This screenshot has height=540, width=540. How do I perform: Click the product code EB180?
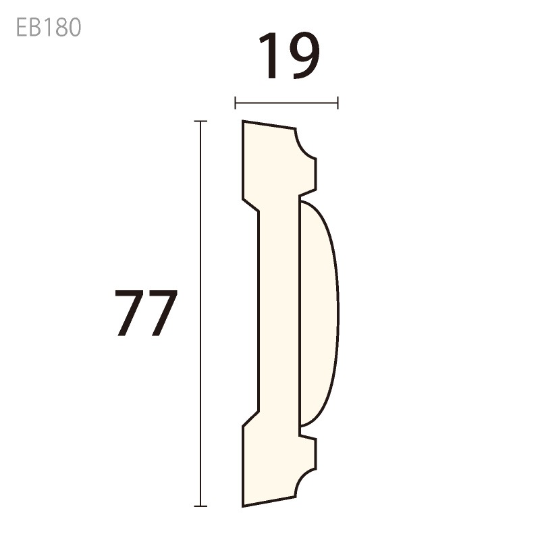coord(48,27)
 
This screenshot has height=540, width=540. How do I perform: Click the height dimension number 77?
coord(146,313)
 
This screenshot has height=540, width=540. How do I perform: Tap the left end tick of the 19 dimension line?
coord(235,103)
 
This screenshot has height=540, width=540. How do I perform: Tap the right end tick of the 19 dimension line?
coord(337,103)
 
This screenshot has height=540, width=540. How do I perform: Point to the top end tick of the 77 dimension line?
coord(200,122)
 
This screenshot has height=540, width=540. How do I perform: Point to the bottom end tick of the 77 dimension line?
coord(200,506)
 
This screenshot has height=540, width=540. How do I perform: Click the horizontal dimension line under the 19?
coord(286,103)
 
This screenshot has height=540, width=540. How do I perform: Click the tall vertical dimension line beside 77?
coord(200,313)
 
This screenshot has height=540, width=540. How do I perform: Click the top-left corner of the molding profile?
coord(243,122)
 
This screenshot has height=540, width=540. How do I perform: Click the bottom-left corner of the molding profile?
coord(243,506)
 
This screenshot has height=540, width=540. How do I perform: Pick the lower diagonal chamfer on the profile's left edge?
coord(252,419)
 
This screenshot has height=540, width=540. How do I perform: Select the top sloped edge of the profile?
coord(270,125)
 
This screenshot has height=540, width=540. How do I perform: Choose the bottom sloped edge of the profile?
coord(270,502)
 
